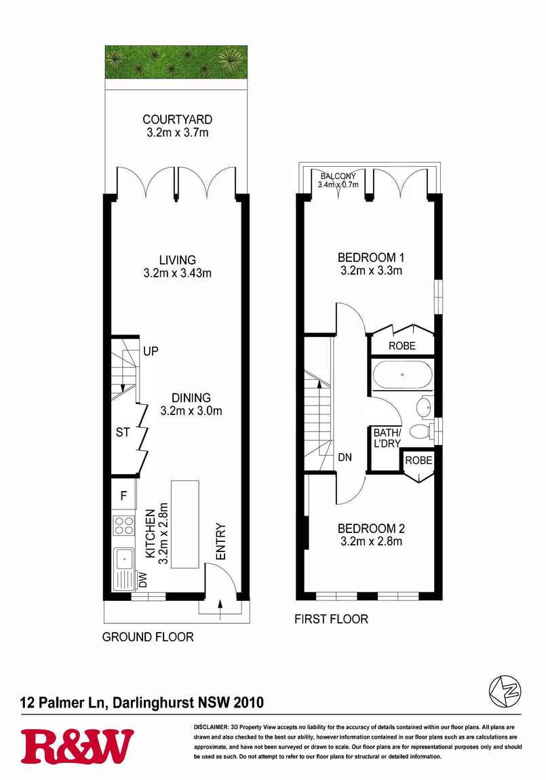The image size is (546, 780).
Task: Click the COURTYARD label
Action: (x=177, y=119)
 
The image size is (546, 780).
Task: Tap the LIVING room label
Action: (x=178, y=260)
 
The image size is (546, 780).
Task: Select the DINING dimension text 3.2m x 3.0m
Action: (x=191, y=411)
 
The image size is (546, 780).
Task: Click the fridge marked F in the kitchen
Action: (x=123, y=495)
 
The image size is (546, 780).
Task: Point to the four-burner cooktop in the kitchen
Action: (x=124, y=526)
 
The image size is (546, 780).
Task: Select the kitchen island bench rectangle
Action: (x=185, y=525)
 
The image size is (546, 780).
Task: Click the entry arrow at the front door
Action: (x=220, y=609)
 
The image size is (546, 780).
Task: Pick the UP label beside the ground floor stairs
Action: (x=151, y=351)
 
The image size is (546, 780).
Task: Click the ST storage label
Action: (x=123, y=432)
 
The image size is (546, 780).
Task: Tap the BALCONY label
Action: (x=338, y=176)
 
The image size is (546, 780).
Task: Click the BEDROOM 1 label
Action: (x=371, y=258)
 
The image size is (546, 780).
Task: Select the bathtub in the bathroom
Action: (x=402, y=374)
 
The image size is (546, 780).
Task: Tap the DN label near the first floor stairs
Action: (x=345, y=456)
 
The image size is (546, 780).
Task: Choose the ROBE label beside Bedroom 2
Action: (x=418, y=461)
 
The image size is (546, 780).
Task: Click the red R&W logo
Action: (x=77, y=746)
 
